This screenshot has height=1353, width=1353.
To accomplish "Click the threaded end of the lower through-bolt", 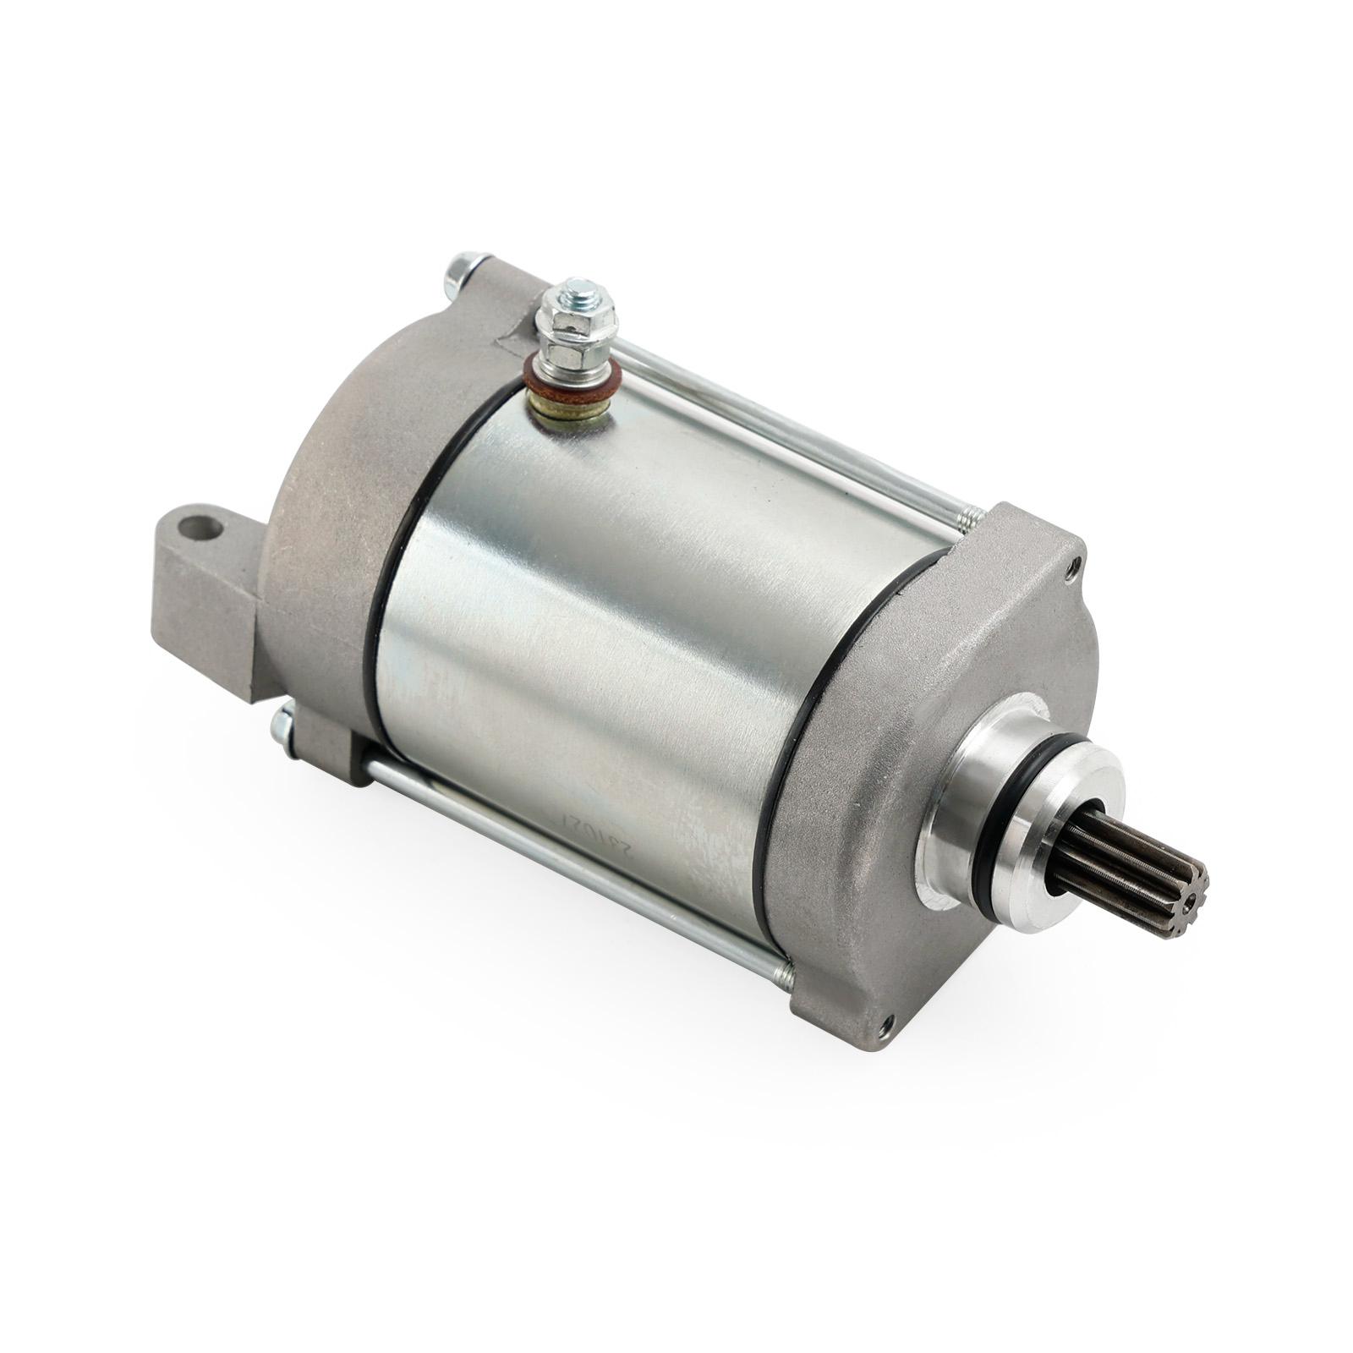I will [x=782, y=977].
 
